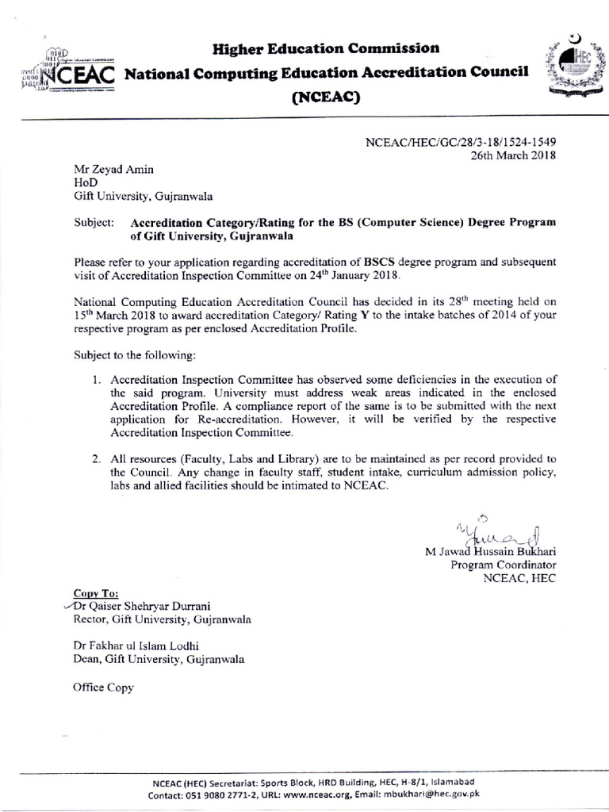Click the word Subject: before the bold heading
[94, 223]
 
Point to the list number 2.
[95, 459]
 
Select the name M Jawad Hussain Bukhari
[491, 551]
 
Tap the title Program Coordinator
[504, 565]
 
